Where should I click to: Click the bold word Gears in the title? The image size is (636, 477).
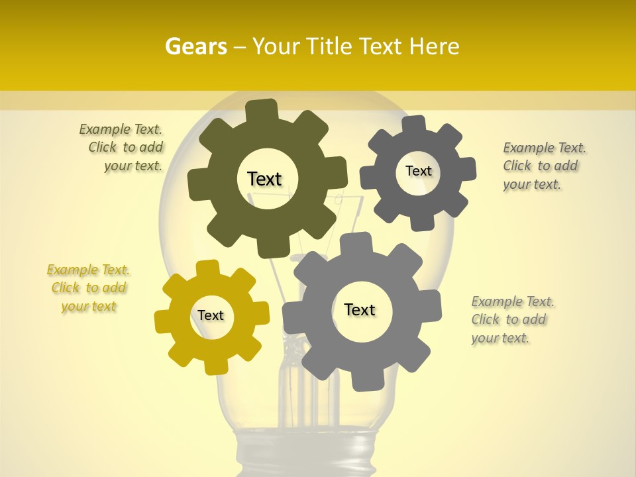(195, 46)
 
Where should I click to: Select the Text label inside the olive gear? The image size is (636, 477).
(264, 179)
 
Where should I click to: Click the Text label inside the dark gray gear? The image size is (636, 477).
(418, 171)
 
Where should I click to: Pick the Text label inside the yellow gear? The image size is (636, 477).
(211, 315)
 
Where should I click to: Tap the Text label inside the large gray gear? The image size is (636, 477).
(360, 309)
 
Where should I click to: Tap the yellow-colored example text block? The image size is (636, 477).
(89, 288)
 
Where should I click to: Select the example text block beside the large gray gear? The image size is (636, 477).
(511, 319)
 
